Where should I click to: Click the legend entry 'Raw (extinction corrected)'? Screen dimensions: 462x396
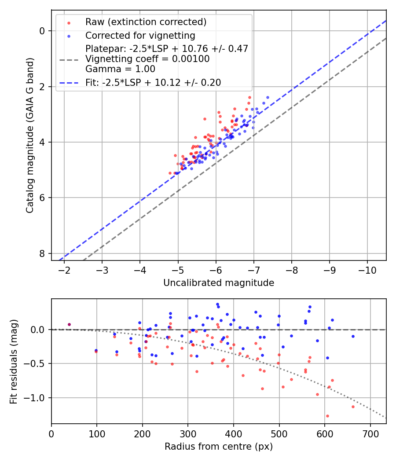(x=146, y=22)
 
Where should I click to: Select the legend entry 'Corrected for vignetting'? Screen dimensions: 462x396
(x=140, y=35)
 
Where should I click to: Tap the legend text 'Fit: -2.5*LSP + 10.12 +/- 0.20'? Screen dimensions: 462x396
(x=153, y=82)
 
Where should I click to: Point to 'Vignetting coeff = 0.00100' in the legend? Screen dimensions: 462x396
(x=147, y=59)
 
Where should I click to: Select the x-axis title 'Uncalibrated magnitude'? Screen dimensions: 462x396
(x=219, y=283)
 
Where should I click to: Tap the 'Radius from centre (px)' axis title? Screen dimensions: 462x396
(x=219, y=447)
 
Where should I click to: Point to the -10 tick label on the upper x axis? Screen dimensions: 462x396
(x=367, y=269)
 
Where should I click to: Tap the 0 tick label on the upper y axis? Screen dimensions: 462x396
(x=42, y=31)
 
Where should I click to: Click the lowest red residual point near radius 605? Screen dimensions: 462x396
(x=327, y=416)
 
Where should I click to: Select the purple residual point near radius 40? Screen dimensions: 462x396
(x=69, y=325)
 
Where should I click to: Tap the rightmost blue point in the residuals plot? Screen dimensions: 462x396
(x=353, y=336)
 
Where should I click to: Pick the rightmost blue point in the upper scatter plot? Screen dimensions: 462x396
(x=268, y=97)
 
